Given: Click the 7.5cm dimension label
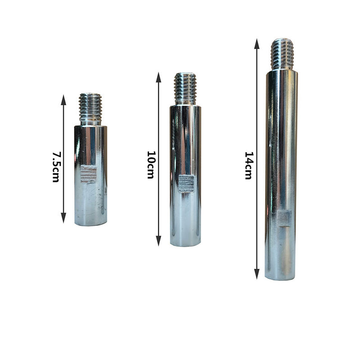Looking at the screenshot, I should coord(55,166).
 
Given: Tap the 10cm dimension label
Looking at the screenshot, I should coord(151,164).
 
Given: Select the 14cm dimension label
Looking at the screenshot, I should coord(248,165).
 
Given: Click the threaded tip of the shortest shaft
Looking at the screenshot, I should coord(90,106).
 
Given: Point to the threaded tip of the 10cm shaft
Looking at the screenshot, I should coord(185,88).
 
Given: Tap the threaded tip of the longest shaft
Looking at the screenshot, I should coord(282,54).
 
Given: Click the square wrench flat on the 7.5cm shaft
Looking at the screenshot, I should coord(89,174).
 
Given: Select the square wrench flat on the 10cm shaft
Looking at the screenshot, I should coord(185,183).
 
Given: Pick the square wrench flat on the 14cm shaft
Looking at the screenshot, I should coord(284,218).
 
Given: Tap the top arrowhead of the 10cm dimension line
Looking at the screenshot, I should coord(158,77).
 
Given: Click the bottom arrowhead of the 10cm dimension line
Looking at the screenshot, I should coord(158,241).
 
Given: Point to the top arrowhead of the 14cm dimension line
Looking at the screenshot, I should coord(256,44).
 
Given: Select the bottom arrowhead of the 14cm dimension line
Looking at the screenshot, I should coord(256,274).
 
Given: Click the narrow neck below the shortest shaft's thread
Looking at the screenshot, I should coord(90,122).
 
